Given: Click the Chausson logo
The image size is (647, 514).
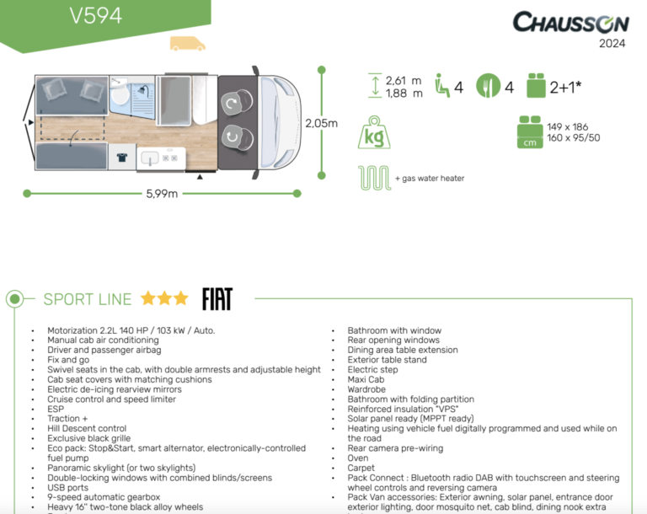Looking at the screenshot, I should click(x=569, y=23).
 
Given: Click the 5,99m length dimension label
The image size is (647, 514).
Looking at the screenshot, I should click(x=161, y=194).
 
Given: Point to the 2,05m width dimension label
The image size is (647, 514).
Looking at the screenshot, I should click(x=321, y=123).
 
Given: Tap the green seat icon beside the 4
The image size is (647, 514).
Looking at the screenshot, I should click(x=441, y=85).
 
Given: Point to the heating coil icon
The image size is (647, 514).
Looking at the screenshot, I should click(x=372, y=178).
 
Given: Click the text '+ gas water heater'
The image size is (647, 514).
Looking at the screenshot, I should click(x=429, y=179).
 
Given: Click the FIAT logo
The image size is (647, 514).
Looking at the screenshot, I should click(x=217, y=299).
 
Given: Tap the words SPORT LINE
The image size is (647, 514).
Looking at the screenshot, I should click(x=88, y=299).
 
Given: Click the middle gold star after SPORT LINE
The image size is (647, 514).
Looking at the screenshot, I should click(x=164, y=298).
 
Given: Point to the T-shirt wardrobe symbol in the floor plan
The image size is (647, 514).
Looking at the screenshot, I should click(x=121, y=158).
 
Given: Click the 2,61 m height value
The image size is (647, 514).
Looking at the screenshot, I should click(x=404, y=81).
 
